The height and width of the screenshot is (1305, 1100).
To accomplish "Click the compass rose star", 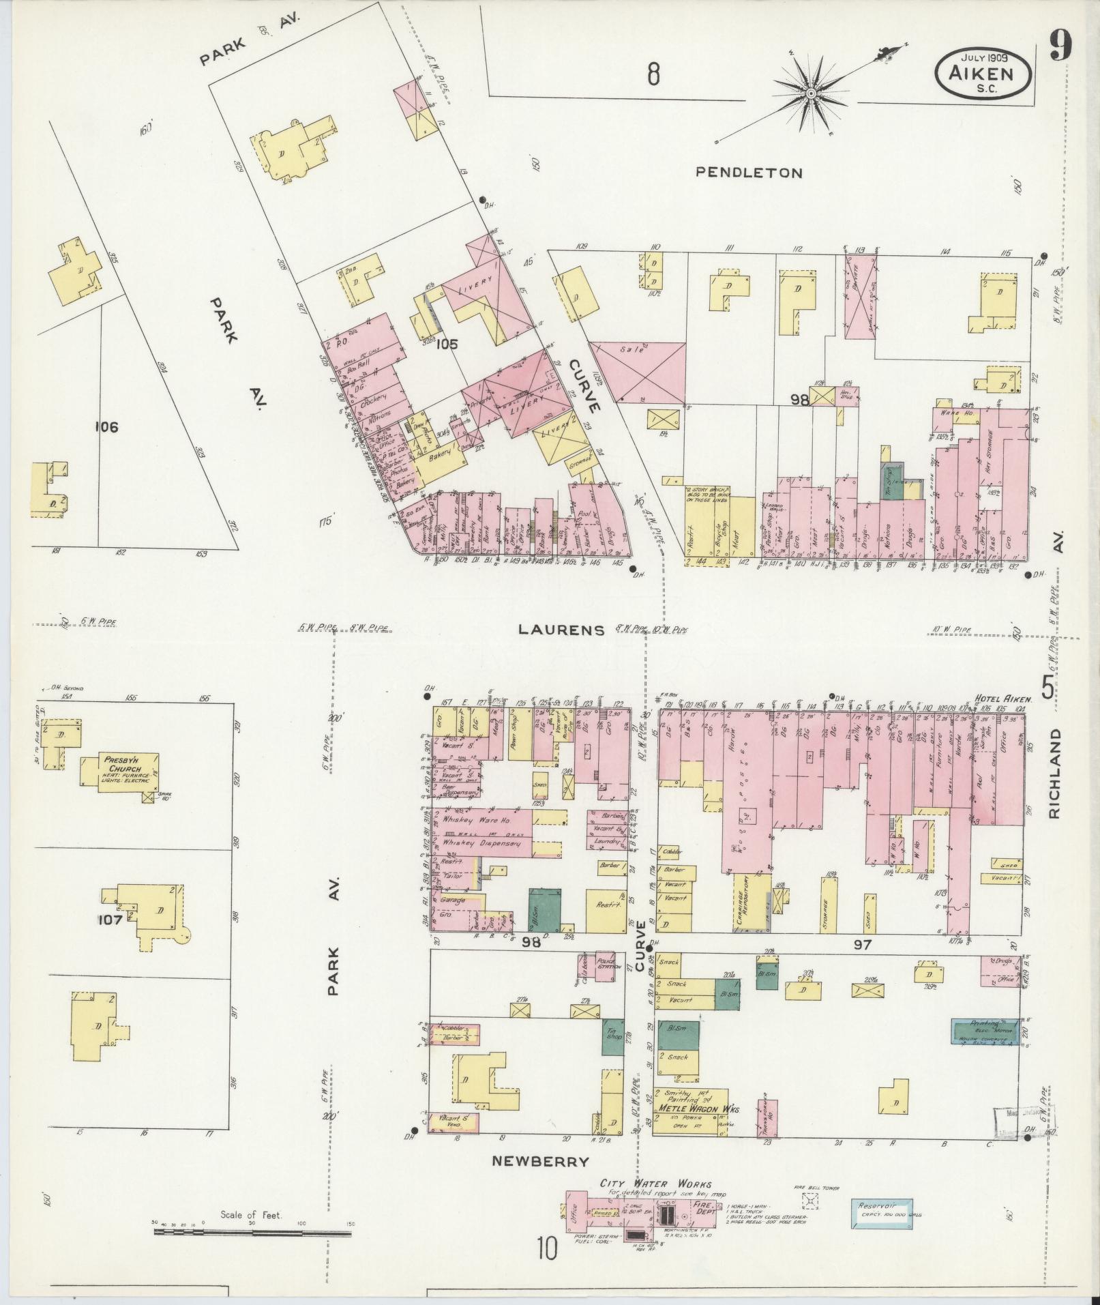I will (x=812, y=93).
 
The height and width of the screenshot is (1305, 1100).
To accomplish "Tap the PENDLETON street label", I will (x=749, y=173).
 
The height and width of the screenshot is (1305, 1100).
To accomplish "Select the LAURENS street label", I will (x=561, y=629).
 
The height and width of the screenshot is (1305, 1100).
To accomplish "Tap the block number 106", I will (x=107, y=428).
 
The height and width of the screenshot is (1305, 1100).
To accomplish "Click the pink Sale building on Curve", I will (x=638, y=372).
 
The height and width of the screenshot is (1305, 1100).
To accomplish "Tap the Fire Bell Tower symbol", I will (x=809, y=1200).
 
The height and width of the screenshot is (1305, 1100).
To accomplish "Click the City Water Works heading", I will (x=655, y=1184).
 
